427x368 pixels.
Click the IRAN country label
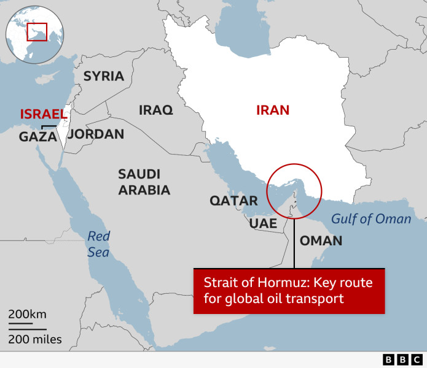[x=272, y=110]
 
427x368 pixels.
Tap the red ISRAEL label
[x=44, y=114]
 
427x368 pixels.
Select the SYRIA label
[x=104, y=76]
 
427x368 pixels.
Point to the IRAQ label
[x=155, y=110]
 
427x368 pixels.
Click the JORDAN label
[x=95, y=134]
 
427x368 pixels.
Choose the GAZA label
[x=38, y=137]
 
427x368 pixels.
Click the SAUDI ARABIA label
[x=144, y=182]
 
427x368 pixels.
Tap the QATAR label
[x=233, y=201]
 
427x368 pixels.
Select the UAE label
[x=263, y=223]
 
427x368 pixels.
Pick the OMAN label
[x=321, y=240]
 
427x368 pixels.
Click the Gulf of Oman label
[x=371, y=219]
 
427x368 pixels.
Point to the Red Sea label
[x=98, y=244]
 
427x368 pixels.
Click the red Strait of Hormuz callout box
[x=289, y=291]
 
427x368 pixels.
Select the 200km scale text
[x=28, y=315]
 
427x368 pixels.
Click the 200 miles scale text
[x=35, y=339]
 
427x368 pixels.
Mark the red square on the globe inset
[x=37, y=31]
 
